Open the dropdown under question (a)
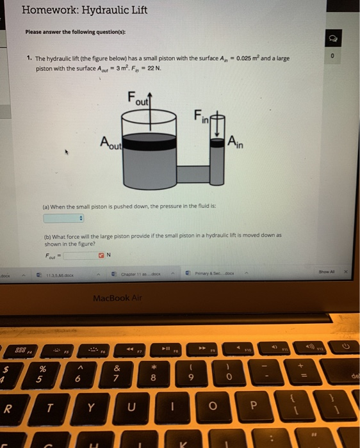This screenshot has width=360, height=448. click(64, 218)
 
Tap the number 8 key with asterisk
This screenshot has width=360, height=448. click(154, 373)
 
